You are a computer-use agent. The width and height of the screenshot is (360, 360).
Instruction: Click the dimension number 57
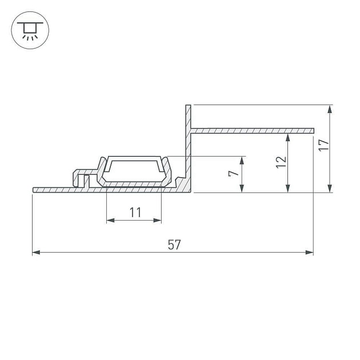[174, 245]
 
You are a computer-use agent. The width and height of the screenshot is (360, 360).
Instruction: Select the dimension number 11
[135, 213]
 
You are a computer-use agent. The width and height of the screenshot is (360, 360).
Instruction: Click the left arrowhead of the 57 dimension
[35, 252]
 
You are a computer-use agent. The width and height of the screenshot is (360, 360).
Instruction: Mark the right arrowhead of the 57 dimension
[311, 252]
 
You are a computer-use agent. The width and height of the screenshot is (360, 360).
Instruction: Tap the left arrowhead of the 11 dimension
[110, 220]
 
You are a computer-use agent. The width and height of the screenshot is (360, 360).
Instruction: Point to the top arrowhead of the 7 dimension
[243, 159]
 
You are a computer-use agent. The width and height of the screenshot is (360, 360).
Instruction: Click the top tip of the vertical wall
[187, 106]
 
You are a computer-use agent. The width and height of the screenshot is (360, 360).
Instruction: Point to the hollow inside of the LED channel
[135, 170]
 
